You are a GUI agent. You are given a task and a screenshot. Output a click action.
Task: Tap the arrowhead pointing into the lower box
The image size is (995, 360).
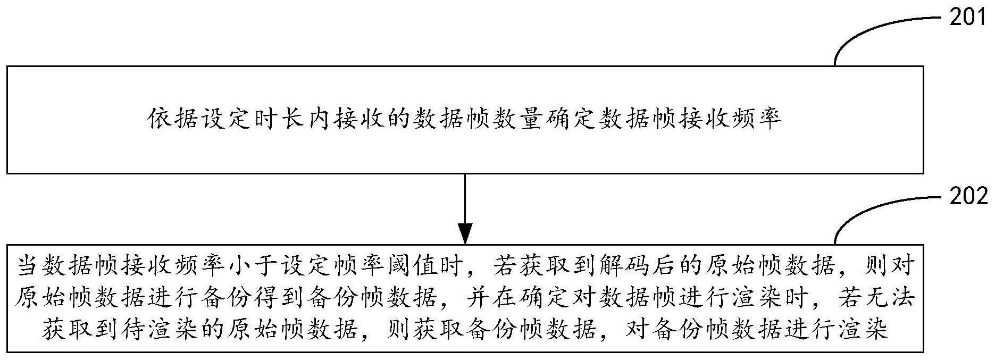(465, 235)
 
